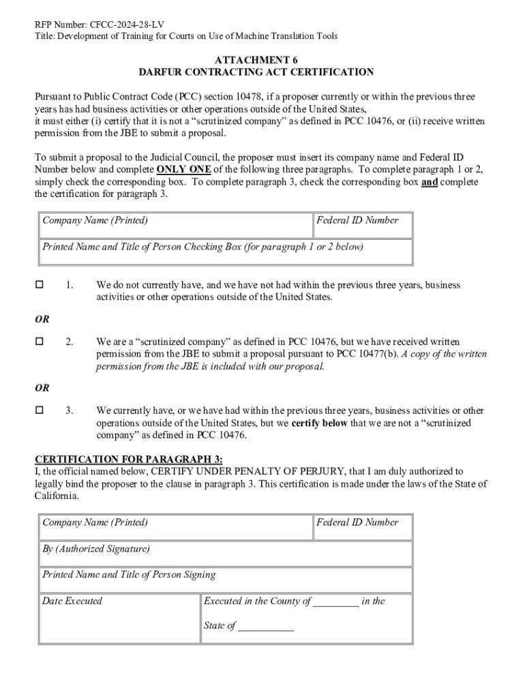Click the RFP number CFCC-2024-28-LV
pyautogui.click(x=125, y=25)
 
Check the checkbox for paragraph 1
pyautogui.click(x=40, y=284)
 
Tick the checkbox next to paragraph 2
pyautogui.click(x=40, y=341)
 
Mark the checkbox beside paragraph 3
pyautogui.click(x=40, y=410)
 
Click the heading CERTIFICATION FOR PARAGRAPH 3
pyautogui.click(x=129, y=459)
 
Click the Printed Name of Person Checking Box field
pyautogui.click(x=224, y=253)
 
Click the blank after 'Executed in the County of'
pyautogui.click(x=335, y=602)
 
